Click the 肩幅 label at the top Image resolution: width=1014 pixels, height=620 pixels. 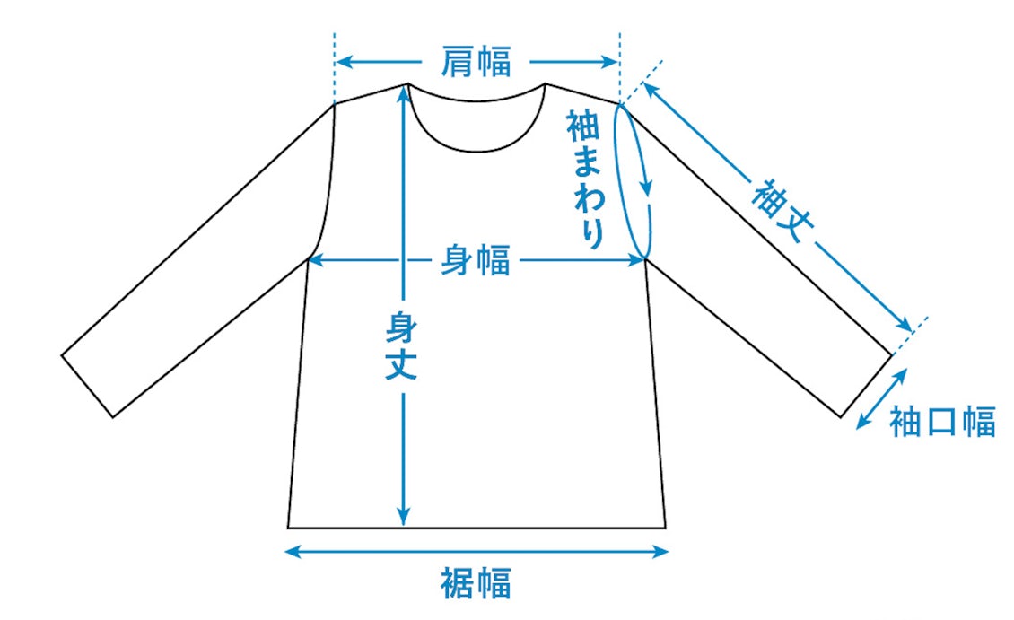pyautogui.click(x=476, y=62)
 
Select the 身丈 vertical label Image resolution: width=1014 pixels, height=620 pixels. pyautogui.click(x=402, y=345)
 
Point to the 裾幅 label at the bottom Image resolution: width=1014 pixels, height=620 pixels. pyautogui.click(x=476, y=583)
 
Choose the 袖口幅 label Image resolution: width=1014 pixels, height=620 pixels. pyautogui.click(x=942, y=421)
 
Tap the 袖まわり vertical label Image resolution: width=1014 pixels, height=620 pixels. pyautogui.click(x=584, y=179)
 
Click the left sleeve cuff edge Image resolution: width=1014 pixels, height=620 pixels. pyautogui.click(x=87, y=387)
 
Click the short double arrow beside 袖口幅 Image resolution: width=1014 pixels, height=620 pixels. pyautogui.click(x=879, y=401)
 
